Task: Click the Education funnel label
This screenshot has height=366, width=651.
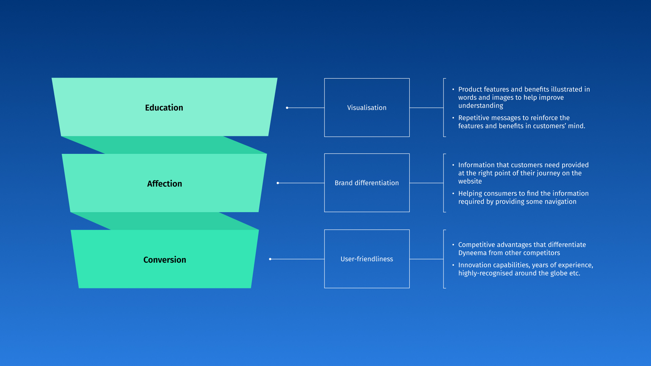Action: point(164,108)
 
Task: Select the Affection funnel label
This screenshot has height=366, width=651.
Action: point(164,184)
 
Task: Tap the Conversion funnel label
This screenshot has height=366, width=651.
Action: point(164,260)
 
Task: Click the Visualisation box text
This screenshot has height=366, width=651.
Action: point(367,108)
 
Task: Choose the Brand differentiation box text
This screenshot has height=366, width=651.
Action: point(367,183)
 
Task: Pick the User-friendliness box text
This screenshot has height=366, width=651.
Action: point(367,259)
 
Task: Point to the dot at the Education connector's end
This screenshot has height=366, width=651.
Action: point(287,108)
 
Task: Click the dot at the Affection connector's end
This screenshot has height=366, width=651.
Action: point(278,183)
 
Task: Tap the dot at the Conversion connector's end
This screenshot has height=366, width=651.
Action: point(270,259)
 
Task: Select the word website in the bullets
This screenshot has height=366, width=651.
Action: point(470,181)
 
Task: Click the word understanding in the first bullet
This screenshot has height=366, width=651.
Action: point(480,106)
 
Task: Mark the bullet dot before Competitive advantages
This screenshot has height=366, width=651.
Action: point(453,245)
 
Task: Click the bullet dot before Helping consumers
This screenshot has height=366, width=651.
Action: point(453,194)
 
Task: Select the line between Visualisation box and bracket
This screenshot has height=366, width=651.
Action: point(426,108)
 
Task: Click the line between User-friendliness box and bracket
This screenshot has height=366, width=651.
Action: point(426,259)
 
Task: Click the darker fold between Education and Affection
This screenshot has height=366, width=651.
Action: point(164,145)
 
